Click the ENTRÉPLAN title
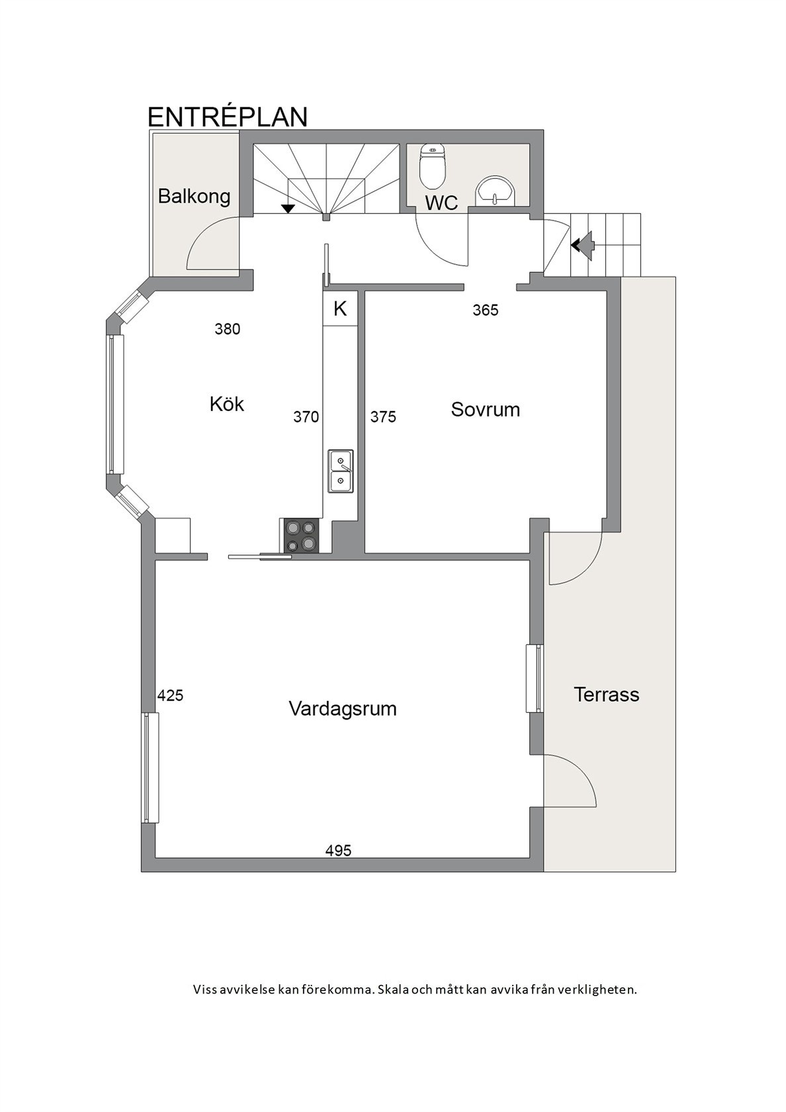(x=227, y=116)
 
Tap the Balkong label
(x=194, y=196)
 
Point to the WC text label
(x=441, y=203)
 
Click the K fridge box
(x=340, y=308)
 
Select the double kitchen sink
(x=341, y=471)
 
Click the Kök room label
(x=226, y=404)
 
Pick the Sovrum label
(x=485, y=409)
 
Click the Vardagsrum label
(x=342, y=709)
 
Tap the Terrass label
(x=606, y=694)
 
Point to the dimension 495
(x=338, y=851)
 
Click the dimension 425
(x=170, y=696)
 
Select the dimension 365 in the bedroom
(x=485, y=310)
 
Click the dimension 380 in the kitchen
(x=227, y=329)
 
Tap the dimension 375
(x=383, y=416)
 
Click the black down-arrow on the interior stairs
(x=288, y=209)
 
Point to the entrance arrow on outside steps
(x=583, y=245)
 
